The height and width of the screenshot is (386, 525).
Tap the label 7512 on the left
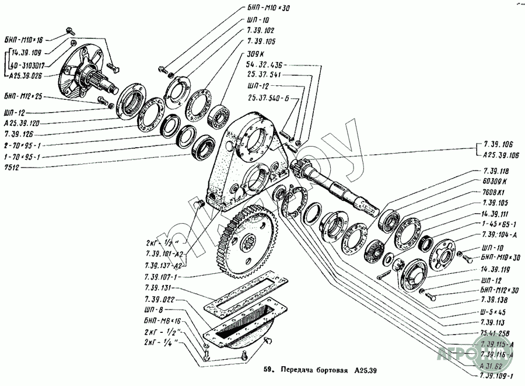12,166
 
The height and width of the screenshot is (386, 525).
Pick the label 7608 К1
494,192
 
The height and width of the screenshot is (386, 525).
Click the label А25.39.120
22,124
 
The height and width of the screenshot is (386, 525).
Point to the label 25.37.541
264,75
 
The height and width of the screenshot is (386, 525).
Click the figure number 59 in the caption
268,370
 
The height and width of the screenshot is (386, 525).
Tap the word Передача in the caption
297,370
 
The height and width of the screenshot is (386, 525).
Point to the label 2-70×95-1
23,145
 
